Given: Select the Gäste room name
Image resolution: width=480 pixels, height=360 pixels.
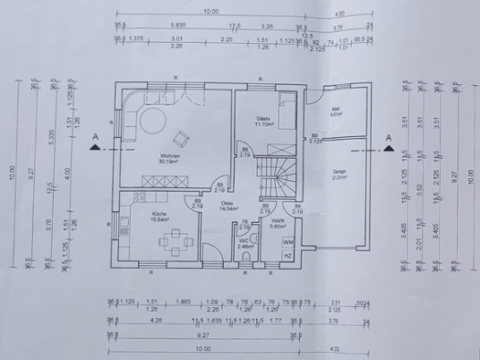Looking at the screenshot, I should pyautogui.click(x=263, y=119).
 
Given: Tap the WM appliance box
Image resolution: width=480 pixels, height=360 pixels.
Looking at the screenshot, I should pyautogui.click(x=288, y=241).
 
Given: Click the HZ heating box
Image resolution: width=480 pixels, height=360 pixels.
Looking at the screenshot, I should pyautogui.click(x=288, y=256).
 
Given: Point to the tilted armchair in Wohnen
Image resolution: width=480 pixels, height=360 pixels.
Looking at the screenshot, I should pyautogui.click(x=182, y=138).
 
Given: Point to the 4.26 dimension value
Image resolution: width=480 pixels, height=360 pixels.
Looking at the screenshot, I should pyautogui.click(x=155, y=321).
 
